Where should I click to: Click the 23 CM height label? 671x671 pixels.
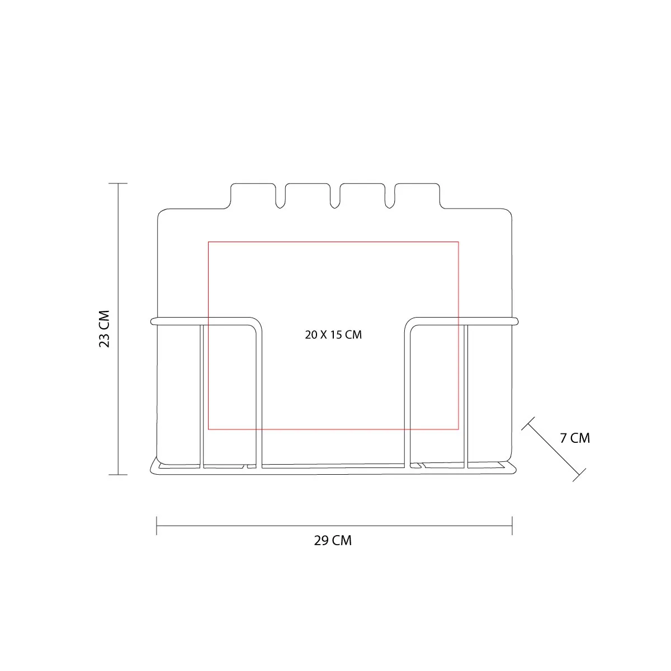[105, 329]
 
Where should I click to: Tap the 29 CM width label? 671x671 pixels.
[333, 540]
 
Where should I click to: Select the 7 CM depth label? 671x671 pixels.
[575, 438]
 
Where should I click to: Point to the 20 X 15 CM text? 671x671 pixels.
[333, 334]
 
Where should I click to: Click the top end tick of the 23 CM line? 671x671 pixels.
[118, 183]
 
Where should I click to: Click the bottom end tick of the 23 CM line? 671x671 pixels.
[118, 475]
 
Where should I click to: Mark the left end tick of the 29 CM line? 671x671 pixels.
[157, 526]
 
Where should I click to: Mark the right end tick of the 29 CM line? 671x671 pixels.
[512, 526]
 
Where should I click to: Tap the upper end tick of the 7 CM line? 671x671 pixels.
[528, 423]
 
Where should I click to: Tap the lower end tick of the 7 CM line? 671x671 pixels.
[579, 475]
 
